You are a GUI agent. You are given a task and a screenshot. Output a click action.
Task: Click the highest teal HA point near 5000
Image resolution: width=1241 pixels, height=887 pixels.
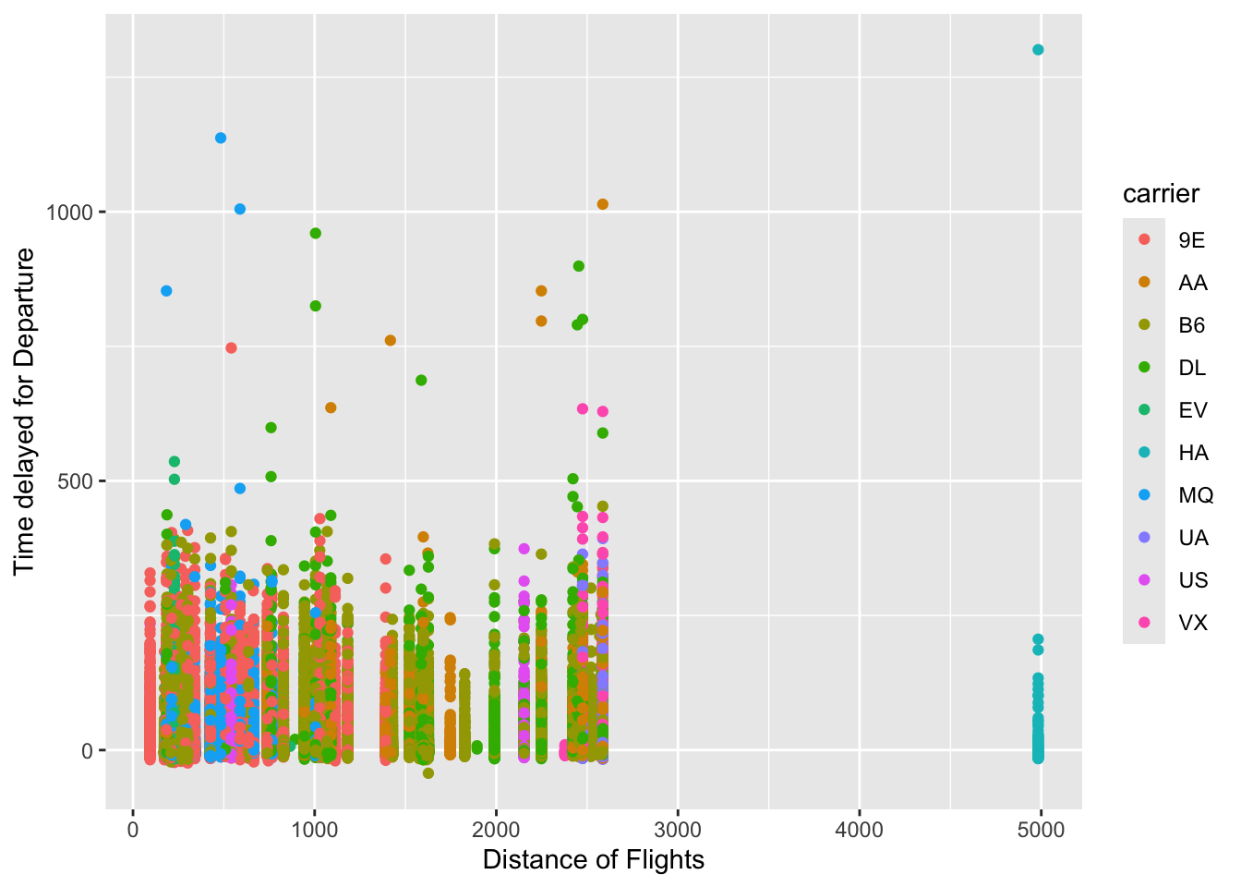pos(1038,50)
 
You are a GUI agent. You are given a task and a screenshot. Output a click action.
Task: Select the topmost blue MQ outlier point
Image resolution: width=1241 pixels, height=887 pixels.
pos(221,139)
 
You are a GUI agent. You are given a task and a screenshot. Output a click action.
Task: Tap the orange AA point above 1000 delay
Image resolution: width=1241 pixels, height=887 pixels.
pos(603,204)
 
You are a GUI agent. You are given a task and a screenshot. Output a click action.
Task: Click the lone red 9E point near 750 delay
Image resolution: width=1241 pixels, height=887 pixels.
pos(231,348)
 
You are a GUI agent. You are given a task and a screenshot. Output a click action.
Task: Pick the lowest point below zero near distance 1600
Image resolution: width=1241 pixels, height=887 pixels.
pos(428,773)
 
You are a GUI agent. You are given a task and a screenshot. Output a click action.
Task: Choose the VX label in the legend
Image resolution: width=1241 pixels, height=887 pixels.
pos(1192,623)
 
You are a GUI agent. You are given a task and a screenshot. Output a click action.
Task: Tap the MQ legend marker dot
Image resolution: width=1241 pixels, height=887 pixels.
pos(1145,495)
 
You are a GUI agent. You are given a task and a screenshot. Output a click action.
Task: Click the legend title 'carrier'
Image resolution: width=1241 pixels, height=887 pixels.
pos(1161,194)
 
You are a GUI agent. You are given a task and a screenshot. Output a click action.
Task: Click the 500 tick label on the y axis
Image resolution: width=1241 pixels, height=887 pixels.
pos(76,481)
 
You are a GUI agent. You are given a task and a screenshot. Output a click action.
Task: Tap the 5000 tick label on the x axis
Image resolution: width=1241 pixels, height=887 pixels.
pos(1041,830)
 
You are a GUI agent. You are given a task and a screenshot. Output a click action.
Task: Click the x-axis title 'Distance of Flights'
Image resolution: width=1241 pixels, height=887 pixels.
pos(593,860)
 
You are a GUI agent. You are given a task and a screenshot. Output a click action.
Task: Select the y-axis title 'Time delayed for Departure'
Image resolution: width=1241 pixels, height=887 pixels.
pos(25,411)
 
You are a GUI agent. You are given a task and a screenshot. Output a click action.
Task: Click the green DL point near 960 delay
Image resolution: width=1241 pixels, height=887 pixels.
pos(315,234)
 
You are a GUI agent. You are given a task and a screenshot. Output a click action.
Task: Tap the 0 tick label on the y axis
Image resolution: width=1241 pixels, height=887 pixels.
pos(88,751)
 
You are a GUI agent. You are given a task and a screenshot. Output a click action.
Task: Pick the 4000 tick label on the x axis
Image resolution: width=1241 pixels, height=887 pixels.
pos(859,830)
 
